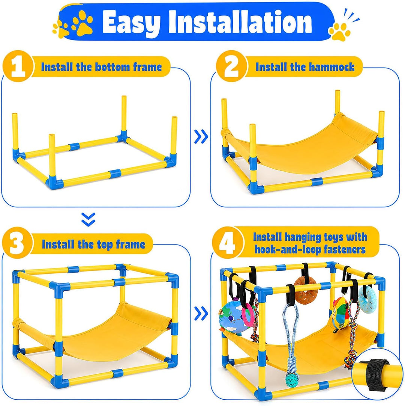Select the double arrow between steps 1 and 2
tap(201, 136)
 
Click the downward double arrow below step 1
tap(88, 219)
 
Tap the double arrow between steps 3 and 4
tap(201, 313)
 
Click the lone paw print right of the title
tap(340, 32)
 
